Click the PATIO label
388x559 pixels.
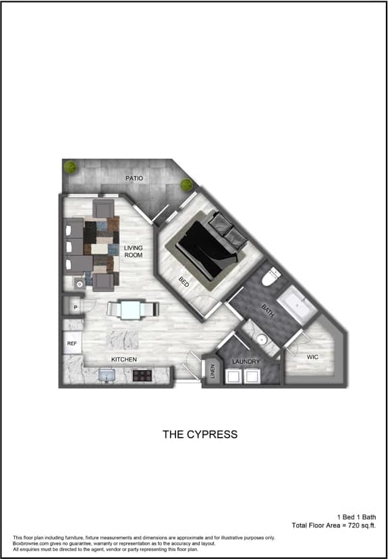point(134,178)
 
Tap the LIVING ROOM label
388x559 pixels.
point(133,252)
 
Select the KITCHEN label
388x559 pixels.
point(124,359)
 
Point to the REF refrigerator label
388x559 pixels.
point(72,343)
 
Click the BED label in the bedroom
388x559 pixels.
point(184,283)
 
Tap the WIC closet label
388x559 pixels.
point(312,357)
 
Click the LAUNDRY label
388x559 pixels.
point(246,362)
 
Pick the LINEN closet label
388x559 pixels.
point(212,372)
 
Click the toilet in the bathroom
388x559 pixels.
point(273,276)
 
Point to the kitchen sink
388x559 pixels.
point(106,374)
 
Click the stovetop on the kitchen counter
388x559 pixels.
point(142,374)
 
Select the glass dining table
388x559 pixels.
point(132,309)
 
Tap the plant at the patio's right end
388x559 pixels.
point(187,183)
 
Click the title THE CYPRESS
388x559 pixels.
point(200,434)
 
